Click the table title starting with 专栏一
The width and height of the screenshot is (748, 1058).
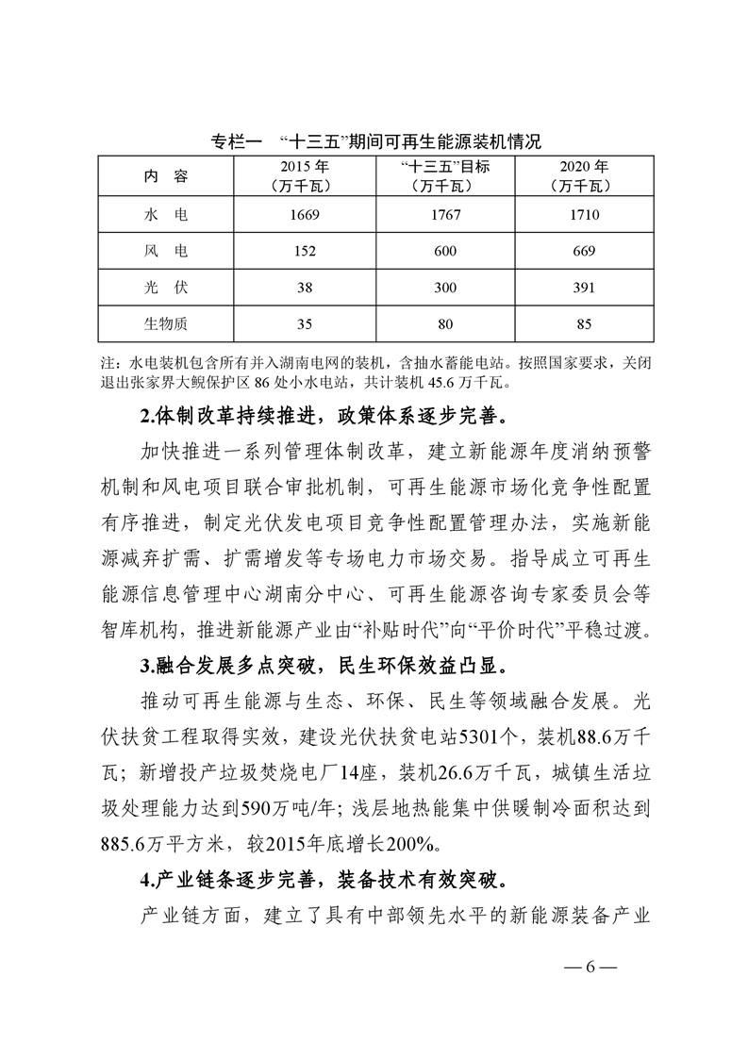[374, 144]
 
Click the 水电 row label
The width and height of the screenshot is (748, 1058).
[166, 215]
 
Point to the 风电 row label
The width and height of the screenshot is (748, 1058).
[166, 251]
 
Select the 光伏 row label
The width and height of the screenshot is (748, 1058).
[166, 288]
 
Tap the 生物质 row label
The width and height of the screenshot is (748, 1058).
[166, 324]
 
